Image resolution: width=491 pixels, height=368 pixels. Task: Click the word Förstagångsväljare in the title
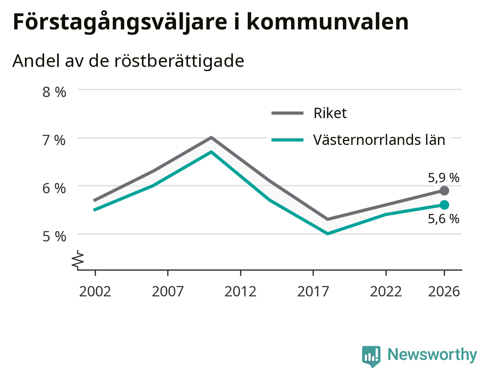tap(120, 22)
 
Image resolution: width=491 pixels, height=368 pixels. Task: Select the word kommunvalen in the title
tap(328, 21)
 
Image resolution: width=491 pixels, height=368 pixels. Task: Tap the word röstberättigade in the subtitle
tap(179, 61)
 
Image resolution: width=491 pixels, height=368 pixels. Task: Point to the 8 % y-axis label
tap(54, 92)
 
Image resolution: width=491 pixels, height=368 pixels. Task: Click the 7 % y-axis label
tap(54, 140)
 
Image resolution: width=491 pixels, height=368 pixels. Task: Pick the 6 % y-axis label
tap(54, 188)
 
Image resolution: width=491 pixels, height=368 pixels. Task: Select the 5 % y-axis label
tap(54, 237)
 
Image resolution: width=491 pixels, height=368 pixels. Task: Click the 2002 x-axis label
tap(95, 292)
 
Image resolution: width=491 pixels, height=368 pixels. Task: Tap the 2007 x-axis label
tap(168, 292)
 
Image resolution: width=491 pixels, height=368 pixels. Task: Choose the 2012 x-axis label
tap(241, 292)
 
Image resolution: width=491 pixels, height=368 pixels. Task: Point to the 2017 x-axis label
tap(313, 292)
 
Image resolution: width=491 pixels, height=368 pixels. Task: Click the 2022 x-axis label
tap(386, 292)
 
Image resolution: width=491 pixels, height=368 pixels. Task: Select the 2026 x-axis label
tap(444, 292)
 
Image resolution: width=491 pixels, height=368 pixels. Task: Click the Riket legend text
tap(330, 113)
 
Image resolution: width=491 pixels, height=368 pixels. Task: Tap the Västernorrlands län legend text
tap(379, 140)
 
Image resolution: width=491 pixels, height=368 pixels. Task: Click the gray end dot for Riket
tap(445, 191)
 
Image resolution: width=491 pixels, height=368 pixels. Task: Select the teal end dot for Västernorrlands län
tap(445, 205)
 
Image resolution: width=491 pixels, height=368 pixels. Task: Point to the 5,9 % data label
tap(443, 178)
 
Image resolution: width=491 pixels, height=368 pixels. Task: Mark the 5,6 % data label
tap(443, 219)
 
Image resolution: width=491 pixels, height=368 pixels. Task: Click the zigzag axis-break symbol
tap(77, 260)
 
